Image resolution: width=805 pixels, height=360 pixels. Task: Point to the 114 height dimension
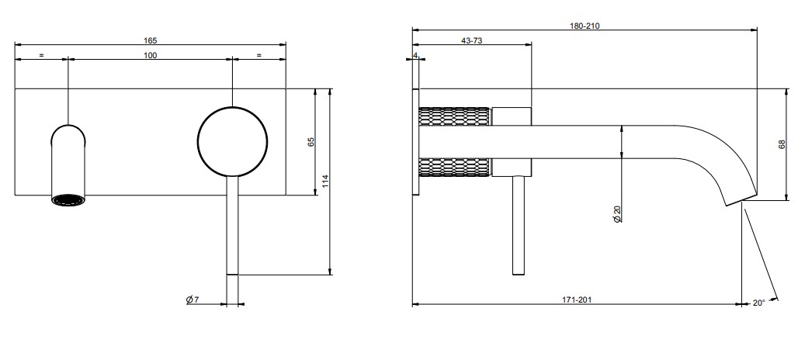click(x=326, y=180)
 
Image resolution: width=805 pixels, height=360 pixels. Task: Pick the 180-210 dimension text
click(x=585, y=26)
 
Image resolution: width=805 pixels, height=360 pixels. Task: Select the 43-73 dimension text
click(x=472, y=41)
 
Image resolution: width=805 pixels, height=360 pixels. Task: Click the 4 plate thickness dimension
click(x=416, y=55)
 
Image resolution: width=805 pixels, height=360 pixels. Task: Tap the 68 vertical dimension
click(x=782, y=144)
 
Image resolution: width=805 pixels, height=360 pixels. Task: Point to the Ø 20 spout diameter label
click(x=616, y=214)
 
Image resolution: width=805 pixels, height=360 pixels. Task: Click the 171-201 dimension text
click(x=577, y=300)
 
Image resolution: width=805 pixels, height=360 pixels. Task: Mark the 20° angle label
click(x=759, y=303)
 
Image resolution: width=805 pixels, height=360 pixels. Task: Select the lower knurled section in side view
click(x=454, y=168)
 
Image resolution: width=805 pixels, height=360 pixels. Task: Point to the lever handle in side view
click(x=519, y=225)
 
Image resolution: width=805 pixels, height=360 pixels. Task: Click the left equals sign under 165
click(x=41, y=55)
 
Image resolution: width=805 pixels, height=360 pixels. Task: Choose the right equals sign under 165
click(x=259, y=55)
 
